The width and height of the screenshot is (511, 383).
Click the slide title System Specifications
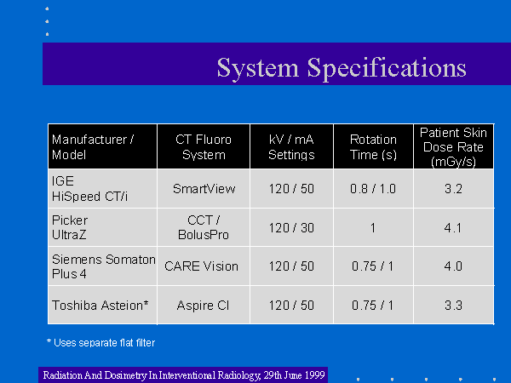(342, 68)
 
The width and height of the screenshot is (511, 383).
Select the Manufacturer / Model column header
(93, 147)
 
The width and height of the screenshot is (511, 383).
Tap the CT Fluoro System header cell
(204, 147)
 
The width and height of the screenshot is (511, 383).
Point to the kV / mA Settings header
(291, 147)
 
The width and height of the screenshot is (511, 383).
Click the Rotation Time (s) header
(374, 147)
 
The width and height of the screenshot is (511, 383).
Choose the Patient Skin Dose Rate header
(453, 147)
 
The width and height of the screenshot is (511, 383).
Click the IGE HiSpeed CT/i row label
(89, 189)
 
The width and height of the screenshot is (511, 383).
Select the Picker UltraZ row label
(70, 227)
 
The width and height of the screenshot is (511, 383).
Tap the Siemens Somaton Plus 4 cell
(104, 266)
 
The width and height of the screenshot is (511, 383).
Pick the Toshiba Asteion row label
(100, 306)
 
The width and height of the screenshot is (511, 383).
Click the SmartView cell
(204, 189)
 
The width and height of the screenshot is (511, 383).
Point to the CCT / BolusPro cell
(204, 227)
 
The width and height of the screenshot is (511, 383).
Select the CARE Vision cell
(201, 266)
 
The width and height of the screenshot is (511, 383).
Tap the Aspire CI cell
(203, 306)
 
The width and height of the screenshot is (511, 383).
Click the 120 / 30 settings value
(291, 227)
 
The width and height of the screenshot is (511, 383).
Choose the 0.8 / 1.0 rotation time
(373, 189)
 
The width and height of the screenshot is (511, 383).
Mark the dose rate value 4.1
(453, 227)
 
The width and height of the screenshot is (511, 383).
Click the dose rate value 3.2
(453, 189)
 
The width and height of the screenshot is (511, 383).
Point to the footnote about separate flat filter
(101, 343)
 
